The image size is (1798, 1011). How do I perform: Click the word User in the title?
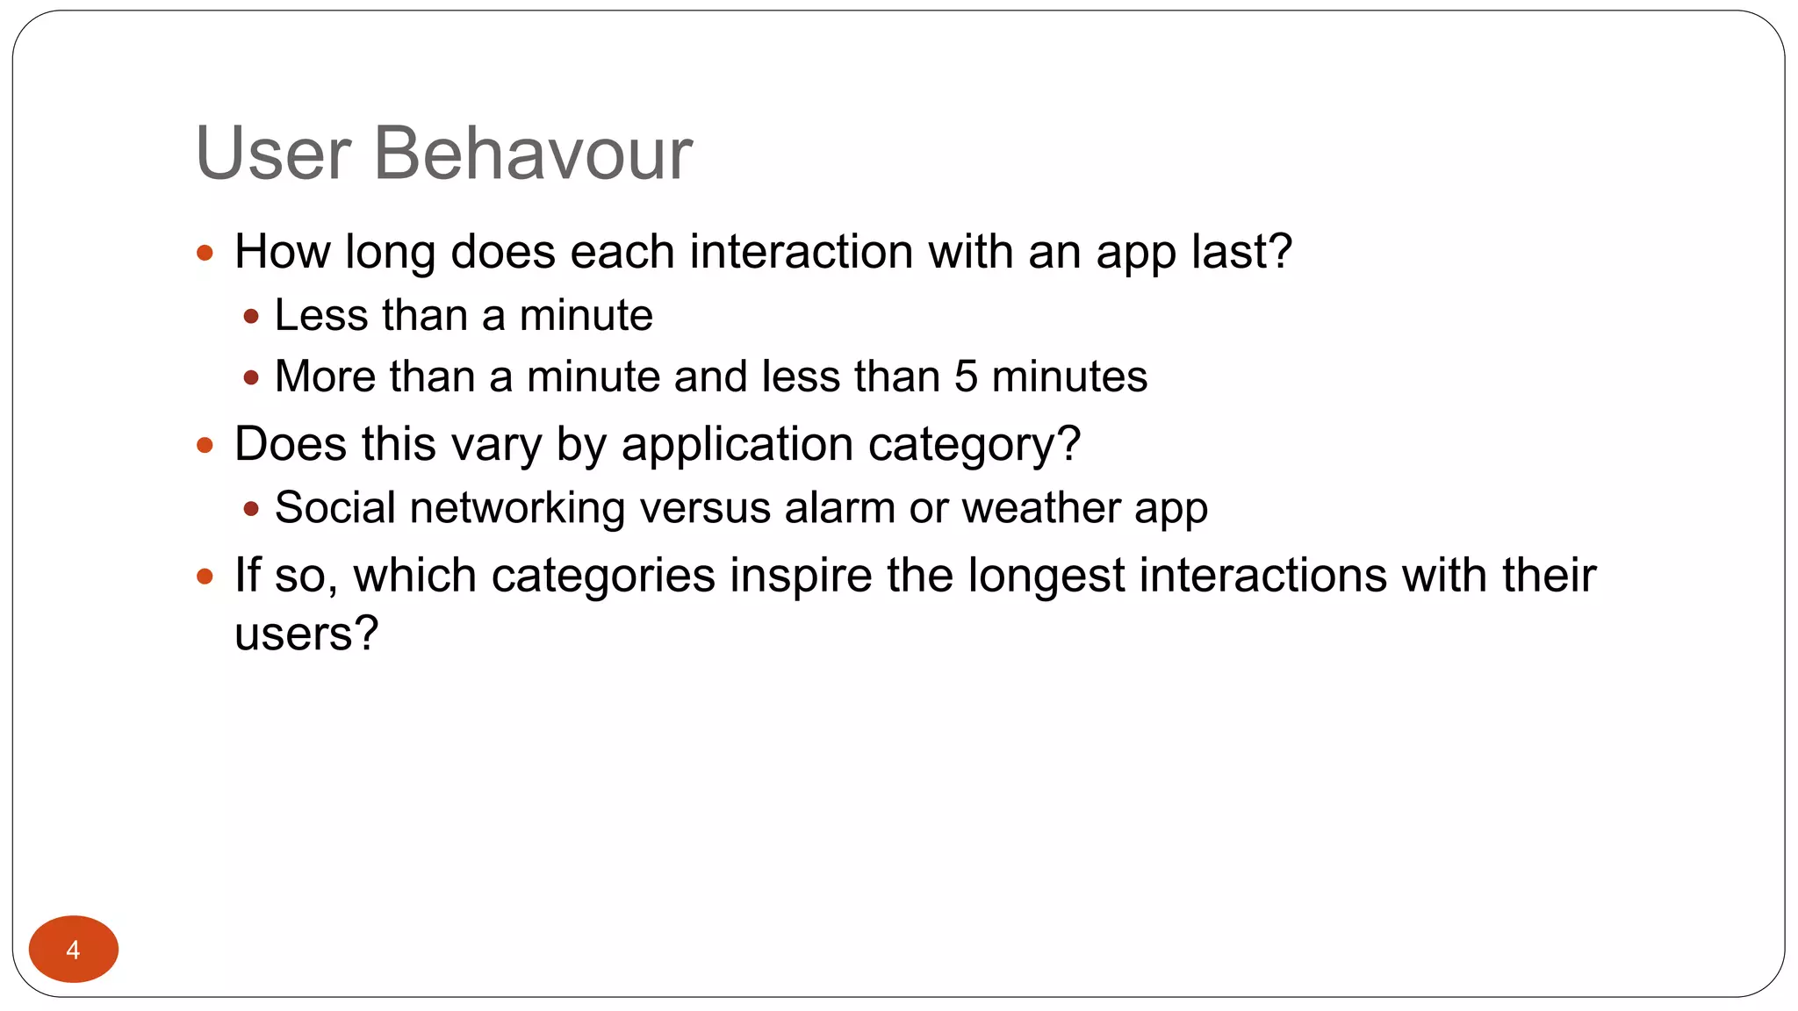(273, 154)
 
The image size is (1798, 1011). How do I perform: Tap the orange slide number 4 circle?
(74, 949)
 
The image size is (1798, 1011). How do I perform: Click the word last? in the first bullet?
(1241, 252)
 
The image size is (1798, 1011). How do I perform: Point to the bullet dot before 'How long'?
(205, 254)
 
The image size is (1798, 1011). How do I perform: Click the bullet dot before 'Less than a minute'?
(252, 317)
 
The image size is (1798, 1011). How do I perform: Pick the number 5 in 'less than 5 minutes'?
(966, 376)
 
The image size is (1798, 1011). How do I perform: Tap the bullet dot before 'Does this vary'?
(205, 446)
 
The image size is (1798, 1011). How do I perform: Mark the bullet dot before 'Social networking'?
(252, 509)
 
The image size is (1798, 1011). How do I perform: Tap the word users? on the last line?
(306, 634)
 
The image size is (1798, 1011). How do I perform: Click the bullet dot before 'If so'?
(205, 577)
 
